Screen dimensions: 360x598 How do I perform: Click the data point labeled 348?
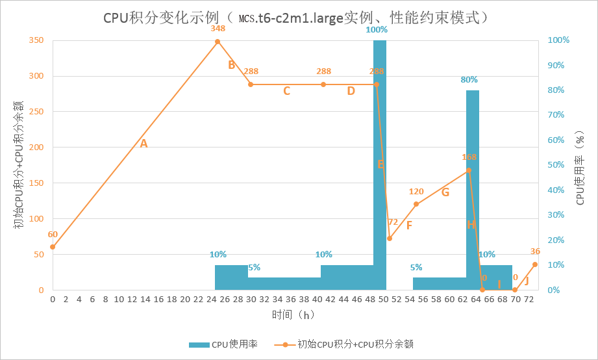coord(218,42)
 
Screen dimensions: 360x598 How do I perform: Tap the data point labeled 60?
coord(53,247)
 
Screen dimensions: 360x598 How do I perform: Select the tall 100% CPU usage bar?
coord(380,162)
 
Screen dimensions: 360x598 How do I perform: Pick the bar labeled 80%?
coord(473,188)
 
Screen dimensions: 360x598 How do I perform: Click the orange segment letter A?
coord(144,144)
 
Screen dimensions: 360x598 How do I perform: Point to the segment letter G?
coord(445,192)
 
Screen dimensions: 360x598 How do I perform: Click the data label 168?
coord(469,157)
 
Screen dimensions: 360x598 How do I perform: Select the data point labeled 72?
coord(390,238)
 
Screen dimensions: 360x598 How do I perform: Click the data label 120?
coord(416,192)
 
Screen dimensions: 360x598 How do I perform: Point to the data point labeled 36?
coord(535,264)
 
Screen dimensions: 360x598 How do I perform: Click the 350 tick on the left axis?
coord(36,40)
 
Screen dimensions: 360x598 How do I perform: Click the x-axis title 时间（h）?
coord(293,315)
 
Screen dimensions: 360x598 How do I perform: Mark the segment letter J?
coord(527,281)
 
